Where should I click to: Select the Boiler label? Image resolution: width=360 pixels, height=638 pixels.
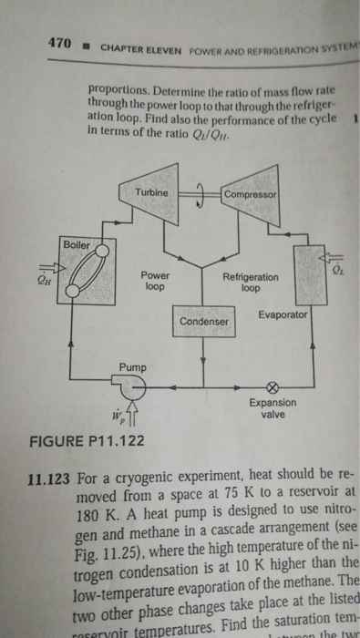pyautogui.click(x=77, y=244)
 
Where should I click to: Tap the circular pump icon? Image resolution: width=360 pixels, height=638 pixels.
pyautogui.click(x=134, y=388)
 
